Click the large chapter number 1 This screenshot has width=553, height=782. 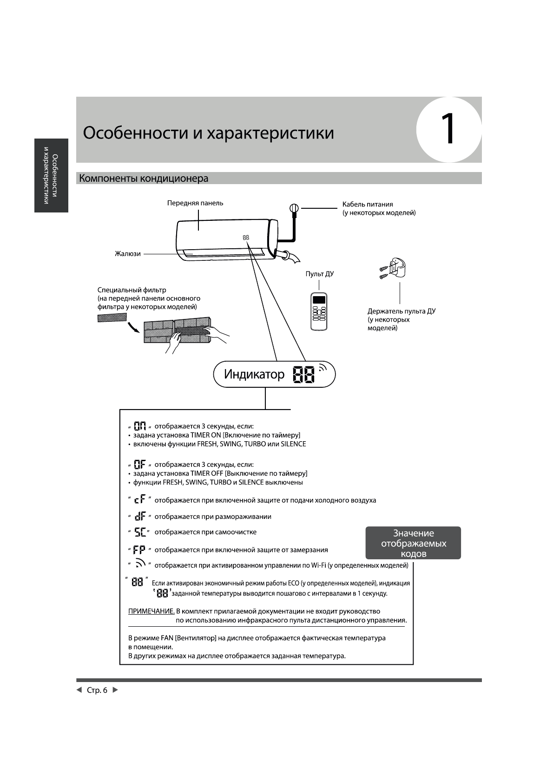pos(448,129)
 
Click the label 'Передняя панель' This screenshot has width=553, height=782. pos(195,203)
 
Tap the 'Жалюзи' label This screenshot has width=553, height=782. pos(128,254)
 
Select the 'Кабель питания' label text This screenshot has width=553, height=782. pos(368,204)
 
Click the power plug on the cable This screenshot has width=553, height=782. pos(294,209)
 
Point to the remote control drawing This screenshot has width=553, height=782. pos(319,311)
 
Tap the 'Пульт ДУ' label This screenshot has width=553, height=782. pos(319,274)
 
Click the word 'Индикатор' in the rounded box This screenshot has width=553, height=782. pos(254,374)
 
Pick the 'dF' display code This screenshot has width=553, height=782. pos(139,517)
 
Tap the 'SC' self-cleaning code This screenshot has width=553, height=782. pos(139,532)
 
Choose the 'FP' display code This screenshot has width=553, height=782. pos(139,550)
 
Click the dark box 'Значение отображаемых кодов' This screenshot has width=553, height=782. pos(413,543)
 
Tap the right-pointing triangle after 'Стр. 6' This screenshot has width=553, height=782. pos(116,690)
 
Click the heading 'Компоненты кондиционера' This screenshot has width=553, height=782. pos(144,179)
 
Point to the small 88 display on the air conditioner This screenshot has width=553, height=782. pos(246,238)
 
